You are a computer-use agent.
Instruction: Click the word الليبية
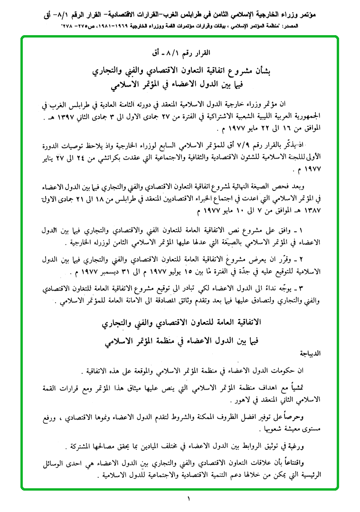(x=262, y=114)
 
